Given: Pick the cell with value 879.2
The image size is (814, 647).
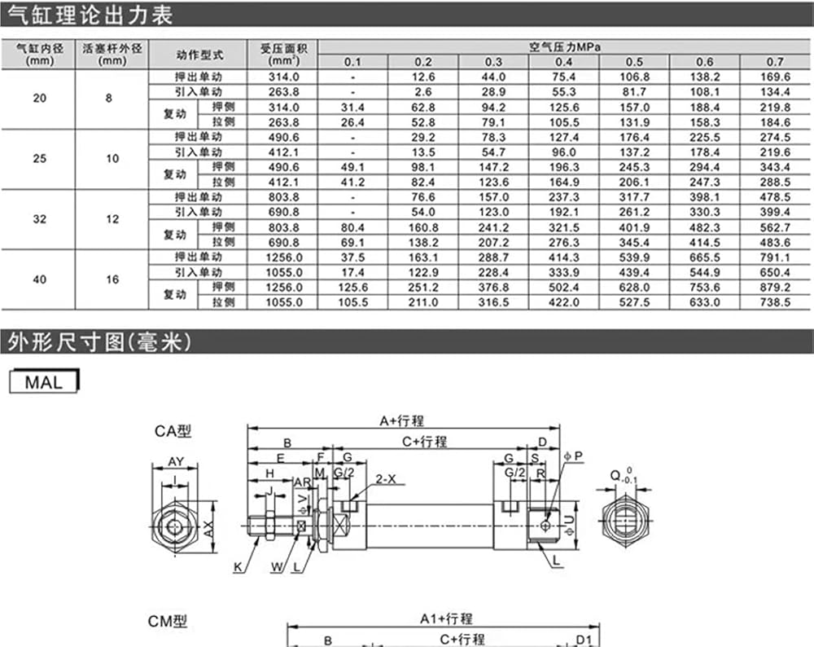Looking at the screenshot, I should pos(775,288).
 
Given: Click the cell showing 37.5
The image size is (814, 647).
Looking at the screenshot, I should pos(352,257).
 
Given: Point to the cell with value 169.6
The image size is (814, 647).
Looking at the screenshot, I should pos(775,77).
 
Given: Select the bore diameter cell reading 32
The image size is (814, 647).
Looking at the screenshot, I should pos(39,219).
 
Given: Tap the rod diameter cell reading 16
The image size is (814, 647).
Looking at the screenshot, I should pos(112,279).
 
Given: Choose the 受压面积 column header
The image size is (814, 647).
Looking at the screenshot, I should pos(284,54).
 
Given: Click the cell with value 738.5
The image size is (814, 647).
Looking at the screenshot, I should pos(775,302).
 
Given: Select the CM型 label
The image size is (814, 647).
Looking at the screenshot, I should pos(167,622).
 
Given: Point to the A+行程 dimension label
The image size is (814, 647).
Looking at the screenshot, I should pos(402,421).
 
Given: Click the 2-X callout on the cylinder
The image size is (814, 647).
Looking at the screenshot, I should pos(385,479).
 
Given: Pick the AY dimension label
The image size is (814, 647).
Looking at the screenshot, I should pos(176,461).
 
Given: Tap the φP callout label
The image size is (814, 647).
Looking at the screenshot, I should pos(574,456).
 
